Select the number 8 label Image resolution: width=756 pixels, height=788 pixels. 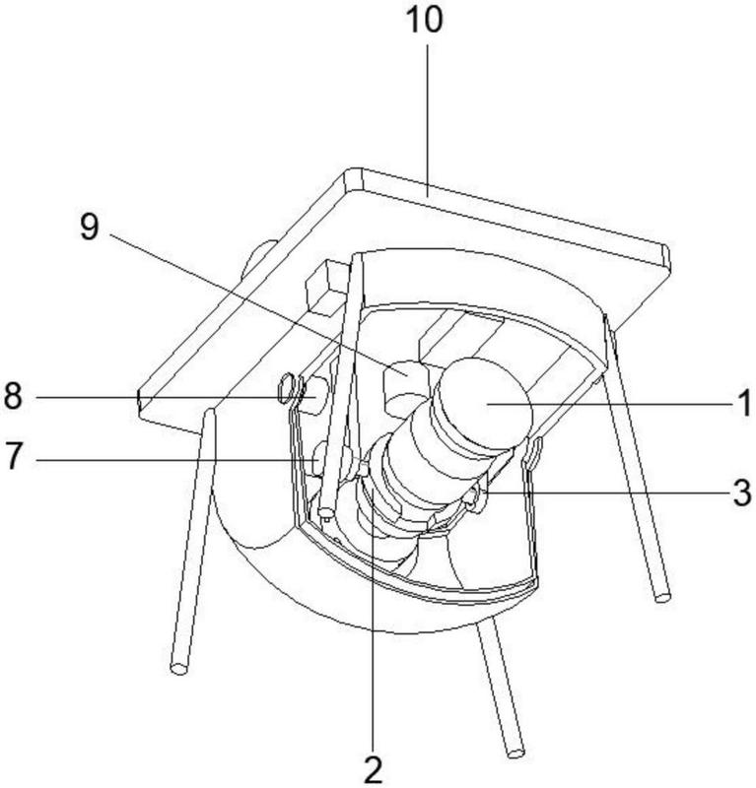click(x=14, y=397)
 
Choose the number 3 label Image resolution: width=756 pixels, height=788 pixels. click(x=741, y=492)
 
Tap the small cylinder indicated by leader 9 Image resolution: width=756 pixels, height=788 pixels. click(x=404, y=387)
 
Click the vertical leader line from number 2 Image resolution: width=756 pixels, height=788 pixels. click(x=372, y=640)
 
